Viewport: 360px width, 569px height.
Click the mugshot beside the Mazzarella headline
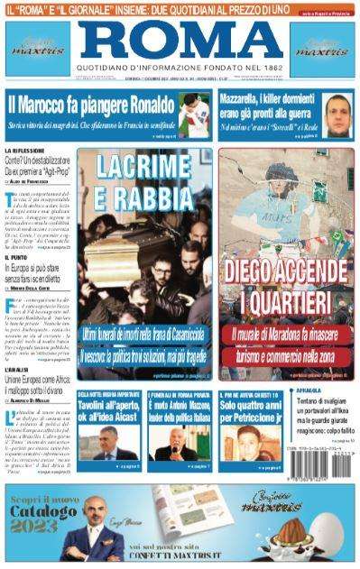[x=338, y=112]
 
